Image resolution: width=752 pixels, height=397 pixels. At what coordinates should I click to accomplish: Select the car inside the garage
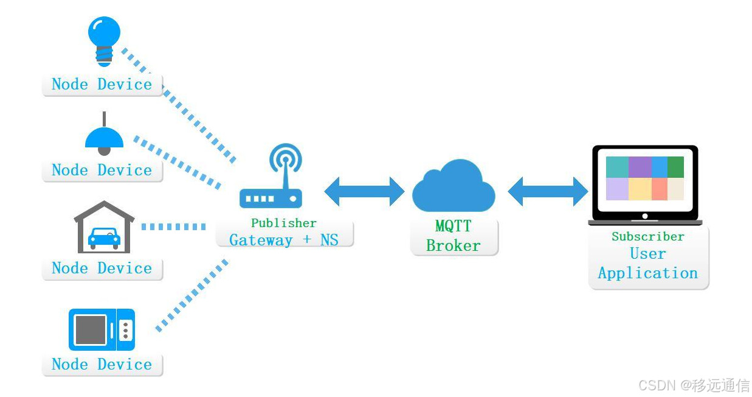(104, 237)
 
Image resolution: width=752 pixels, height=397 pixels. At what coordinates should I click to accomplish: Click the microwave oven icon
(102, 329)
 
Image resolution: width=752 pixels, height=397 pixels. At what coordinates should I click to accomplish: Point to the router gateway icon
(271, 183)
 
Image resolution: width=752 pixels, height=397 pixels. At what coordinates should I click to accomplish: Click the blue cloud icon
(454, 186)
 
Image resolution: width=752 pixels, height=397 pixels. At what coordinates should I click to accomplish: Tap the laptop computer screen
(644, 179)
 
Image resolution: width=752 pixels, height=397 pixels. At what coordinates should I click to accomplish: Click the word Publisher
(284, 223)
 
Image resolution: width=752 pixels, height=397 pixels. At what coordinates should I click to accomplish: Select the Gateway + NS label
(284, 240)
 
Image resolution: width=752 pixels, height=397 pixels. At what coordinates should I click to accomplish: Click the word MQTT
(453, 227)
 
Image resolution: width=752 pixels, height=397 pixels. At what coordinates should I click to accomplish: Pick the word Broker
(453, 245)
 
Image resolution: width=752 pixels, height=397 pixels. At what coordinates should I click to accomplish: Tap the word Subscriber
(647, 236)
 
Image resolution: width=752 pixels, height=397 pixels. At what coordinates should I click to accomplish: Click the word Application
(647, 273)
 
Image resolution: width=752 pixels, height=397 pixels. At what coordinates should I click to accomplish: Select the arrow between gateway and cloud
(364, 191)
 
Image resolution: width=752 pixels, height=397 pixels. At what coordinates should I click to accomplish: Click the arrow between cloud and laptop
(548, 191)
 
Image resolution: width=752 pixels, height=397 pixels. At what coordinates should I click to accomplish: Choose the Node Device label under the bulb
(102, 85)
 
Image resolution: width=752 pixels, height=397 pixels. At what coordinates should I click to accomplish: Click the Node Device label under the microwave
(102, 365)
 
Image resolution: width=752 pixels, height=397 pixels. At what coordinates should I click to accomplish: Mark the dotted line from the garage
(173, 227)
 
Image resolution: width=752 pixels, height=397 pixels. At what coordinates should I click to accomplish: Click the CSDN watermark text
(694, 385)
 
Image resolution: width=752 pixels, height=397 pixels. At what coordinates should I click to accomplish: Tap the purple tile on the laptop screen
(640, 167)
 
